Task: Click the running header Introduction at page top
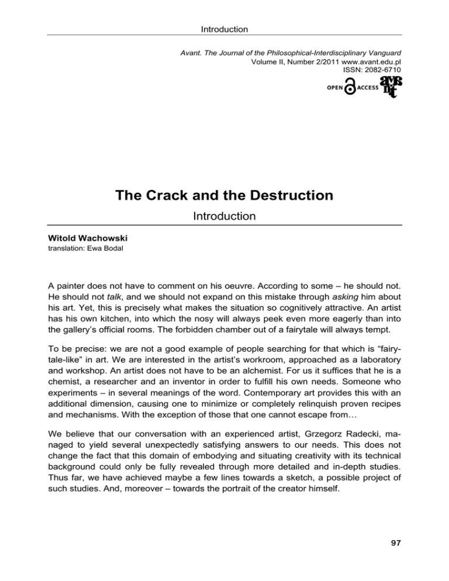coord(224,29)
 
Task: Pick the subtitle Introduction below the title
coord(224,216)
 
